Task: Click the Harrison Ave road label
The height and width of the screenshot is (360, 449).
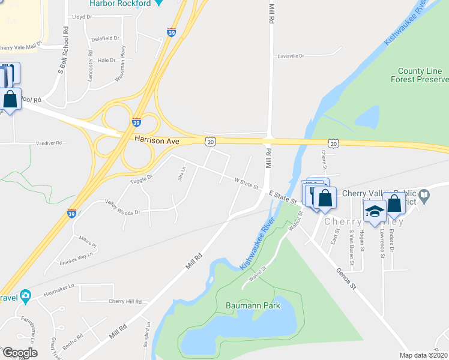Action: click(x=157, y=140)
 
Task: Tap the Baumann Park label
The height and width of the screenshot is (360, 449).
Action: click(x=253, y=305)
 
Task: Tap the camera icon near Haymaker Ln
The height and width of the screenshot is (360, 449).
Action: click(x=25, y=295)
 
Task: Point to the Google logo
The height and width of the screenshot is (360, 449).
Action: click(x=19, y=353)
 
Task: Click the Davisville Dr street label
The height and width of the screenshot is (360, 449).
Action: click(x=291, y=56)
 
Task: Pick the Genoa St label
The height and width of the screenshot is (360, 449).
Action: click(x=346, y=279)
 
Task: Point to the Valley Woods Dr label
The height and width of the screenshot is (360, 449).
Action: click(x=122, y=208)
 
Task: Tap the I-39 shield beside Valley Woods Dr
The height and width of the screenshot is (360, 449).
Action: click(x=71, y=213)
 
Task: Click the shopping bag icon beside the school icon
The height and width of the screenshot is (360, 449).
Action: click(x=394, y=203)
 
